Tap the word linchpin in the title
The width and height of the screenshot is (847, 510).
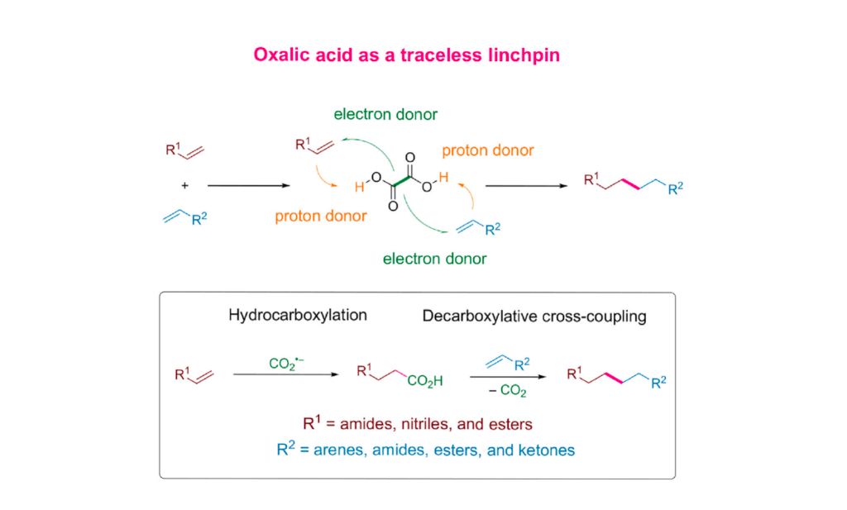525,55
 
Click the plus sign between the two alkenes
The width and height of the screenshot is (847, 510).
184,186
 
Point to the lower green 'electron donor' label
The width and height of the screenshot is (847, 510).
434,259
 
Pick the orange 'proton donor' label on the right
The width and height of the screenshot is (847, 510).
487,150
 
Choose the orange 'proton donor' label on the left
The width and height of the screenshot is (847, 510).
321,217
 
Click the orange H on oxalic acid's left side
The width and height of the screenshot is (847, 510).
358,188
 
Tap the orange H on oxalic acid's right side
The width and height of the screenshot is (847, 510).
444,176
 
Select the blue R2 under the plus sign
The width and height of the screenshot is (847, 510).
199,219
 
